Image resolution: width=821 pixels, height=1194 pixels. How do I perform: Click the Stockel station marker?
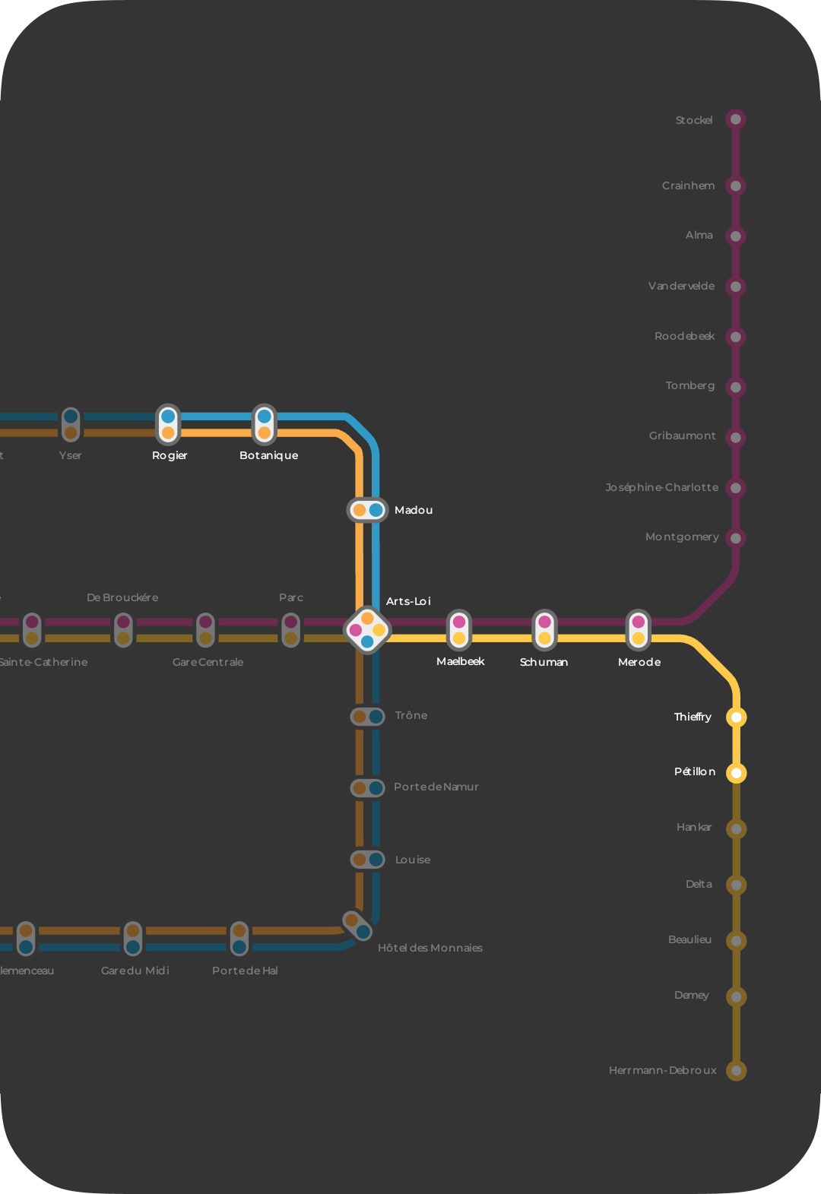click(x=735, y=119)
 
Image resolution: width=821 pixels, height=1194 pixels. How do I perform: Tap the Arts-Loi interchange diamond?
click(x=367, y=630)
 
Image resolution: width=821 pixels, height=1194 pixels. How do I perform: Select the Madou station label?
click(x=414, y=510)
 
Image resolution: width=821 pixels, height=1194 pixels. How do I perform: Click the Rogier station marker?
click(x=168, y=424)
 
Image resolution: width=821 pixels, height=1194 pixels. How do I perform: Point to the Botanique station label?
click(x=268, y=455)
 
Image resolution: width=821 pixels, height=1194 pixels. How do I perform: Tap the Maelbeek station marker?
click(x=459, y=630)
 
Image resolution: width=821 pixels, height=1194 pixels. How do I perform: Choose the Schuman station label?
click(x=544, y=662)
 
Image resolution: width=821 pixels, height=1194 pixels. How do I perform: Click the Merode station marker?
click(x=639, y=630)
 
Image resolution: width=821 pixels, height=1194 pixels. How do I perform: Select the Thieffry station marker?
click(x=736, y=717)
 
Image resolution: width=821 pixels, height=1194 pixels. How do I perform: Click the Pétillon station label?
click(x=695, y=771)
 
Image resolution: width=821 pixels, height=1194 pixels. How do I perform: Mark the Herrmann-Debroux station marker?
click(x=736, y=1070)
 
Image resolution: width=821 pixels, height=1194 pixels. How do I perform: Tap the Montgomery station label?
click(x=682, y=537)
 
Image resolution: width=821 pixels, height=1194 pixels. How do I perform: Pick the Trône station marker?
click(x=367, y=717)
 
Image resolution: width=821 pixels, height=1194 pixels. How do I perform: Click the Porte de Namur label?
click(x=436, y=787)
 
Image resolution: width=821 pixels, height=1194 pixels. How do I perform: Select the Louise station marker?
click(x=367, y=860)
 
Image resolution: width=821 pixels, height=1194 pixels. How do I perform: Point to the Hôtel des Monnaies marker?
click(x=357, y=926)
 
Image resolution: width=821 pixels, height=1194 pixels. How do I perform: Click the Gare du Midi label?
click(x=135, y=971)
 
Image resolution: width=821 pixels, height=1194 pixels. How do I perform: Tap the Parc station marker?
click(x=290, y=630)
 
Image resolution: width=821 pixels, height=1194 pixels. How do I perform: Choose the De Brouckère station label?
click(x=122, y=597)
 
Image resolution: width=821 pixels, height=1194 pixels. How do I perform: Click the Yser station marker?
click(x=71, y=424)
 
